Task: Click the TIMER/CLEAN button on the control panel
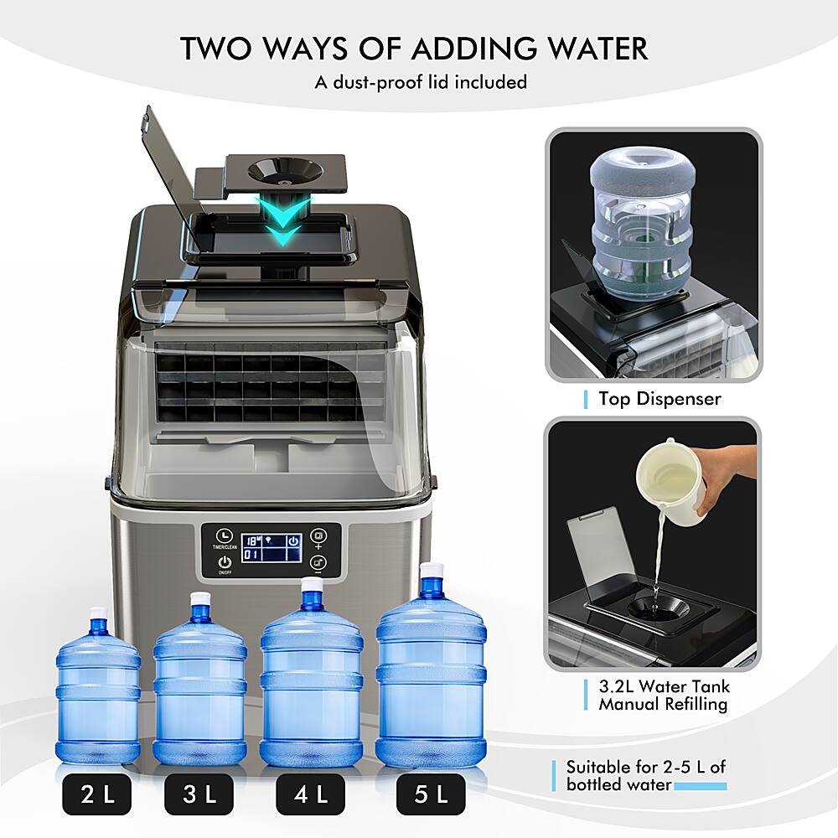223,536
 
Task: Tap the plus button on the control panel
318,536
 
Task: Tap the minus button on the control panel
318,564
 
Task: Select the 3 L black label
199,794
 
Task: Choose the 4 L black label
311,794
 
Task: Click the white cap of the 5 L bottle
431,570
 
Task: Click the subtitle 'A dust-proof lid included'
421,82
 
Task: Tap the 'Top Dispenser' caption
660,399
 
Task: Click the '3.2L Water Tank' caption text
664,686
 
